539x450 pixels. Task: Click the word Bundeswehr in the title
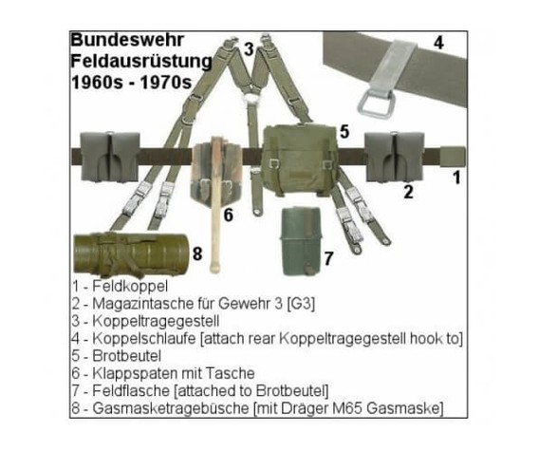[127, 40]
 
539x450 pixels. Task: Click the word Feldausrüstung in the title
[141, 62]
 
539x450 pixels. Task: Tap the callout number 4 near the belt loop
[438, 43]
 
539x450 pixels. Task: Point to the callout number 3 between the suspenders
[249, 48]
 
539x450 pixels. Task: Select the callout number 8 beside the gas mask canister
[197, 254]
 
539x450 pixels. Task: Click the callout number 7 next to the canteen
[328, 258]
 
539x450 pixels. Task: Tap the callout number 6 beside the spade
[229, 216]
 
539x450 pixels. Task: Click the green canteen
[301, 241]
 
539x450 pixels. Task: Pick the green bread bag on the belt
[300, 160]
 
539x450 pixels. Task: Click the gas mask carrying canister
[131, 254]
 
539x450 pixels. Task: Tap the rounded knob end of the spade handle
[214, 267]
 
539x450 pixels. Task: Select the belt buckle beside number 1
[453, 157]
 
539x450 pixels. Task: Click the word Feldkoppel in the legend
[130, 286]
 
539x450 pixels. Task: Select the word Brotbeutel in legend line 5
[127, 356]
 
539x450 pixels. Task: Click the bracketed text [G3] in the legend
[301, 304]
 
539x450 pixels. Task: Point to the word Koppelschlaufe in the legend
[144, 339]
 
